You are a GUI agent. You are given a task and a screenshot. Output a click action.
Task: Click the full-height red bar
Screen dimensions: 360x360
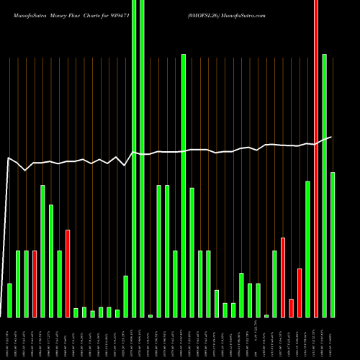coord(316,158)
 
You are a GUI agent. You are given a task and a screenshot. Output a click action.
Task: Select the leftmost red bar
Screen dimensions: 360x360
coord(35,284)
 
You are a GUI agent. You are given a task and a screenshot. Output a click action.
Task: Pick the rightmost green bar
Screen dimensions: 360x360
coord(333,245)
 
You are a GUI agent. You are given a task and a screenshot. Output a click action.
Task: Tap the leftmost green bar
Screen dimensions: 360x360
coord(9,300)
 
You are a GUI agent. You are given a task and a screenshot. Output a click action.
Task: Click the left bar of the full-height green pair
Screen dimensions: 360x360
coord(134,158)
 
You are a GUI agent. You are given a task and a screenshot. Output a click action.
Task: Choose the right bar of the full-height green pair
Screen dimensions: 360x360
coord(142,158)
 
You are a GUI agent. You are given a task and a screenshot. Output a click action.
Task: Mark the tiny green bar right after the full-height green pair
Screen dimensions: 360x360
coord(150,315)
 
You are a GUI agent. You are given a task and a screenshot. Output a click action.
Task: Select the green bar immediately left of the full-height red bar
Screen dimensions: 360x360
coord(307,249)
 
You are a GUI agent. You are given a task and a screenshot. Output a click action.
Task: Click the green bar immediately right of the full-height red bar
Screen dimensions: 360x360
coord(325,186)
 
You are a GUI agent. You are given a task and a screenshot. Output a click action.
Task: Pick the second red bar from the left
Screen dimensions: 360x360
coord(68,274)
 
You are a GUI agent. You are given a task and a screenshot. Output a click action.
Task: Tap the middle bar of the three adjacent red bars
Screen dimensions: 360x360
coord(291,307)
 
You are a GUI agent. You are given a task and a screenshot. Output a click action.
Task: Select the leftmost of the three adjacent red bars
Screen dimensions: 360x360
coord(283,277)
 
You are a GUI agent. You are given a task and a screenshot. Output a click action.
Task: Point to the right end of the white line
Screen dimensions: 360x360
coord(332,137)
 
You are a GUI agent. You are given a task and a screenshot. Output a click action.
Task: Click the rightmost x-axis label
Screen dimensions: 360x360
coord(333,338)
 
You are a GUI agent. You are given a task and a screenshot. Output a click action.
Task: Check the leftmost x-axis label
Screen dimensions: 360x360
coord(9,338)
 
